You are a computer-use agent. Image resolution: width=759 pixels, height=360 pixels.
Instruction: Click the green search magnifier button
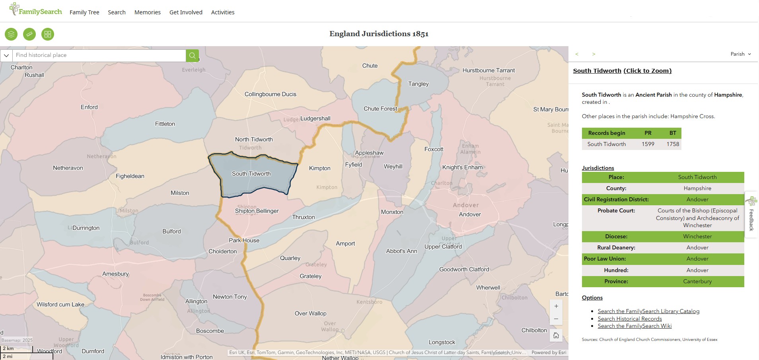[192, 55]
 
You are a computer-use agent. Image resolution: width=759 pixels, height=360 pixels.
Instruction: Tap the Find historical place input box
[99, 55]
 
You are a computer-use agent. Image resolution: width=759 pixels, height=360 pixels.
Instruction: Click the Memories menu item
[147, 12]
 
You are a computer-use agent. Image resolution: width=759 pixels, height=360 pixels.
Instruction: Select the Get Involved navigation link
[186, 12]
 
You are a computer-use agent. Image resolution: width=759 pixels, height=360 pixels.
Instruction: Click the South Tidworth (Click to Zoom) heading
[622, 71]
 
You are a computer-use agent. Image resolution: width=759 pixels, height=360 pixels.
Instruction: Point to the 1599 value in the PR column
[648, 144]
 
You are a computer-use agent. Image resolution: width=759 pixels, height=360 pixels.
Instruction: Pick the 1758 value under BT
[673, 144]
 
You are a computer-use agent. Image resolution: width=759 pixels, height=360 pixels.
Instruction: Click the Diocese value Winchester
[697, 236]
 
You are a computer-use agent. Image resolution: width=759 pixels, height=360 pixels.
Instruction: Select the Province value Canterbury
[697, 281]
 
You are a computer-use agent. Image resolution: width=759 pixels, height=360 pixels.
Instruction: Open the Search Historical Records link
[630, 319]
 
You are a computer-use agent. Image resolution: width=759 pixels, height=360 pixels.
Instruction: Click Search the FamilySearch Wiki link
[634, 326]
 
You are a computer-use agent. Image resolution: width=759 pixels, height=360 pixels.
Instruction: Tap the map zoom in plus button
[556, 306]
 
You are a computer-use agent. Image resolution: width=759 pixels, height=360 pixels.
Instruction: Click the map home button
[556, 335]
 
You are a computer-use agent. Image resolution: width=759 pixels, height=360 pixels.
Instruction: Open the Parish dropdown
[740, 54]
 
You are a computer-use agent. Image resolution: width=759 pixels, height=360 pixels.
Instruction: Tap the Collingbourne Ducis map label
[271, 94]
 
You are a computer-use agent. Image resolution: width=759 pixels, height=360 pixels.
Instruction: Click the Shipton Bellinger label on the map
[257, 211]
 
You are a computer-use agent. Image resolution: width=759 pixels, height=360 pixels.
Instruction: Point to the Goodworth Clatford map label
[464, 269]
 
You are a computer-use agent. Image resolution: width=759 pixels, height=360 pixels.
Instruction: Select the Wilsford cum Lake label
[60, 304]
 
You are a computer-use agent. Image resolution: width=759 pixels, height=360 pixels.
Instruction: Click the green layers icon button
[11, 34]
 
